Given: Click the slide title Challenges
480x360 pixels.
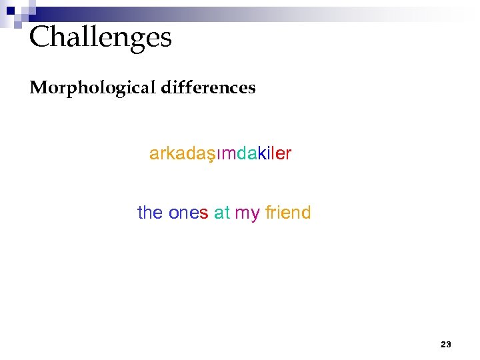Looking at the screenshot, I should (x=101, y=37).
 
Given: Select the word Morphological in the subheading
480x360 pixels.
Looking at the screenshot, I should (x=92, y=88).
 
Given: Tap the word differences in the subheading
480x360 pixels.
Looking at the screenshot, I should (x=208, y=88).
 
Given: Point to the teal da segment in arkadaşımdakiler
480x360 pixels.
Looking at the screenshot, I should (x=247, y=154).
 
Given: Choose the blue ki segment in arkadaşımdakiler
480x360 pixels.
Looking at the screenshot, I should (x=264, y=154).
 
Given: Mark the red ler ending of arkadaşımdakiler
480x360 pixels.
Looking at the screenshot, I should (x=281, y=154).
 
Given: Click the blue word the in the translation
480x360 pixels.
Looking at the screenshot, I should (x=150, y=213).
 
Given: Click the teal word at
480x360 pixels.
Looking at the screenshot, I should (x=222, y=213).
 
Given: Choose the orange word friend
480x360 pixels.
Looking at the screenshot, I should (x=288, y=213).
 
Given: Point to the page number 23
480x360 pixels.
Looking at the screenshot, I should (x=446, y=345).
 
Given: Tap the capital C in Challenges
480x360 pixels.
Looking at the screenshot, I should (x=40, y=37).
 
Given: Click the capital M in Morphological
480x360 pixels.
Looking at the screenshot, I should (x=37, y=88).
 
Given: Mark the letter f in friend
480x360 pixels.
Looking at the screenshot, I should (x=268, y=213).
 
